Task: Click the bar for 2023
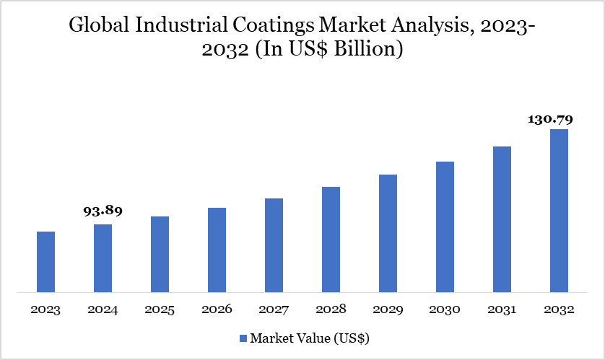pyautogui.click(x=45, y=262)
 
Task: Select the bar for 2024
pyautogui.click(x=103, y=258)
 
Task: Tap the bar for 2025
pyautogui.click(x=160, y=254)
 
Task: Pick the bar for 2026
pyautogui.click(x=217, y=250)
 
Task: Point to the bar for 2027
pyautogui.click(x=274, y=245)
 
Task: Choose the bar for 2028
pyautogui.click(x=331, y=240)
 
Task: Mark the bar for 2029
pyautogui.click(x=388, y=233)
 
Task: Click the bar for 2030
pyautogui.click(x=445, y=227)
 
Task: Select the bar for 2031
pyautogui.click(x=502, y=219)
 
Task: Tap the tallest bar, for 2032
pyautogui.click(x=559, y=211)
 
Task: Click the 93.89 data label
pyautogui.click(x=103, y=211)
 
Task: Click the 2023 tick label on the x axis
pyautogui.click(x=45, y=309)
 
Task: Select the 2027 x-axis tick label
pyautogui.click(x=274, y=309)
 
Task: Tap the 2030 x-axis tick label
pyautogui.click(x=445, y=309)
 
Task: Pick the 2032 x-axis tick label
pyautogui.click(x=559, y=309)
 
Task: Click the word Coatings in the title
pyautogui.click(x=276, y=26)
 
